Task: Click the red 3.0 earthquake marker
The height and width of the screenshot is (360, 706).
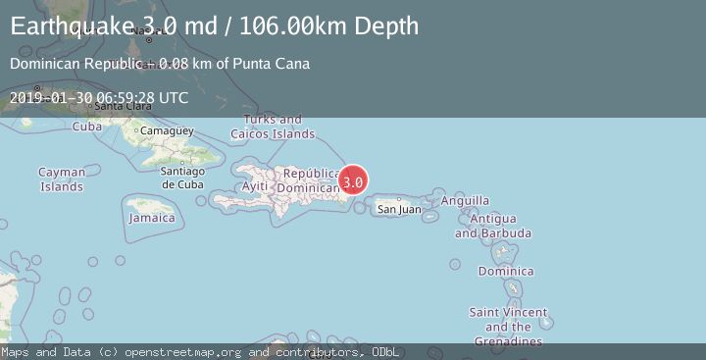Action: click(353, 181)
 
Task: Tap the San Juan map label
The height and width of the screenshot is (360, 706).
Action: click(399, 209)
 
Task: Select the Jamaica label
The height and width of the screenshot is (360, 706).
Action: click(151, 218)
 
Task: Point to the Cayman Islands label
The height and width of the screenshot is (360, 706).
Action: click(62, 180)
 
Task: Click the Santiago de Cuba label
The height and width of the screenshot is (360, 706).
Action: click(182, 178)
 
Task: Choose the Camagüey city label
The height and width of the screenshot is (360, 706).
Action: click(162, 130)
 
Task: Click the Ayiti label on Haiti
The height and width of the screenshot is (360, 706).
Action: click(254, 185)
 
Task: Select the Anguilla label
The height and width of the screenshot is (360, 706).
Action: click(466, 200)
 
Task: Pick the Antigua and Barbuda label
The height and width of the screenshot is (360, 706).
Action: click(493, 226)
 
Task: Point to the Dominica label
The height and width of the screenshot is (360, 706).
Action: click(505, 271)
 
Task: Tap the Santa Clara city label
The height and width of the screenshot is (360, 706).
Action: click(117, 106)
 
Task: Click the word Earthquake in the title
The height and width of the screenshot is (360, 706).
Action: click(69, 26)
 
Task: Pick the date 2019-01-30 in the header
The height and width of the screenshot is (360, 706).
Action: click(51, 97)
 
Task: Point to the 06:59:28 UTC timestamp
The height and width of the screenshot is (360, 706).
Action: click(142, 97)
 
